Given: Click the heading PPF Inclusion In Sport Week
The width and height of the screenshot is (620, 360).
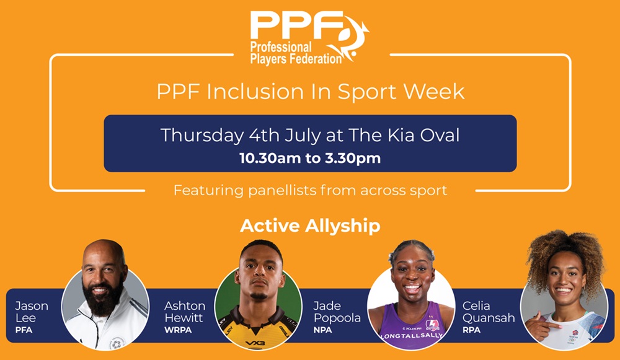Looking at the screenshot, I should coord(310,92).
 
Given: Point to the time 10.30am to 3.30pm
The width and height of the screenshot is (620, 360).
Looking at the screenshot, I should coord(310,157).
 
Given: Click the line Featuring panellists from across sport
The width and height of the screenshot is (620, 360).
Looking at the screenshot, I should coord(310,190).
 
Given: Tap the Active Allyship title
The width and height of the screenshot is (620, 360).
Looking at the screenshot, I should coord(310,226).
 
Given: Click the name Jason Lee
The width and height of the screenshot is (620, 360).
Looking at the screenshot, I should coord(32,312).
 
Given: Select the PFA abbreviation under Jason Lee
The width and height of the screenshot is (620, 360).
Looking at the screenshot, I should coord(24,330).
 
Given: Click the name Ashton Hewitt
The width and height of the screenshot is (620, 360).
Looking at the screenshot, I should coord(184,312).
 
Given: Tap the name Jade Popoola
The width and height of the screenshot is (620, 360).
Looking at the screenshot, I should coord(336,312).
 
